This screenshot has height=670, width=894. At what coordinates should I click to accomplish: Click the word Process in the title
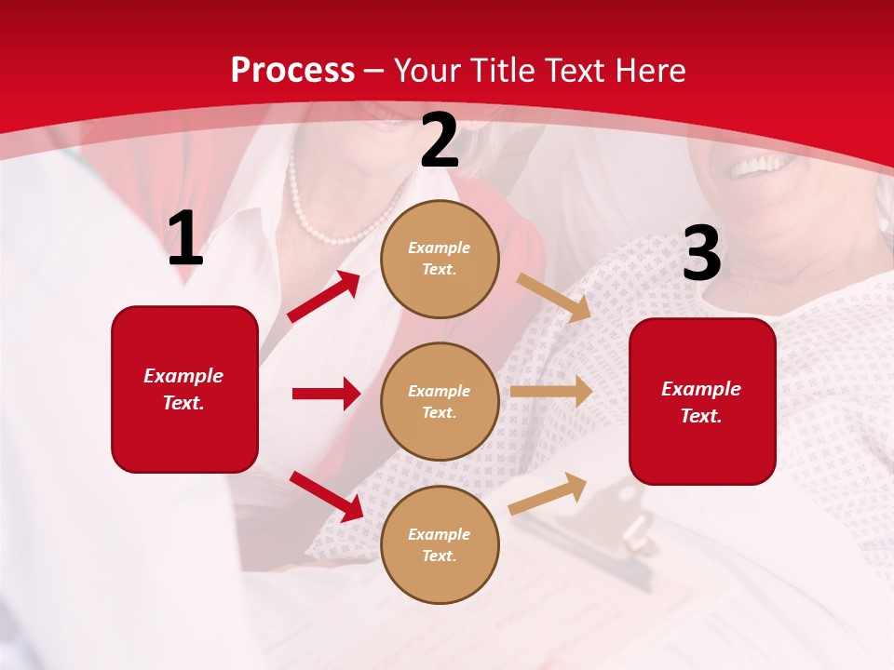292,71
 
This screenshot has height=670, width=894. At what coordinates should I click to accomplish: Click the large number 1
185,240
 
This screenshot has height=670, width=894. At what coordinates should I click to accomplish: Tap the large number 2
440,141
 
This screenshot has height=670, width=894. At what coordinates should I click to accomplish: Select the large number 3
701,254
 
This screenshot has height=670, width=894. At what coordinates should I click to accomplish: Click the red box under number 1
184,389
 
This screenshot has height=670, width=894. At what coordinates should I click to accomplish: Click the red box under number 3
702,401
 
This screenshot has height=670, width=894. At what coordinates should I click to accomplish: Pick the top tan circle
440,259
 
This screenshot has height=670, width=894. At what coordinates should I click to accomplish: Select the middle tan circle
440,401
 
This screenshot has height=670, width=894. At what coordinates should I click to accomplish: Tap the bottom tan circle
440,544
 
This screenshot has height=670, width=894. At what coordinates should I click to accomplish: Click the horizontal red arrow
326,394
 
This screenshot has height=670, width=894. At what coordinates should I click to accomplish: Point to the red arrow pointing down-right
326,496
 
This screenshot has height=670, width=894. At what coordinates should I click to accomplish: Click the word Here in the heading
648,71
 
